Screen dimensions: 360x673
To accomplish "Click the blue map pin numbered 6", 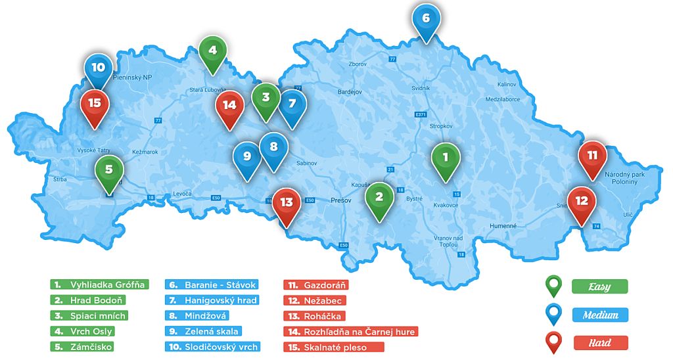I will click(425, 20).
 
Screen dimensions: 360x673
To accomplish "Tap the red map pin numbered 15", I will click(95, 105).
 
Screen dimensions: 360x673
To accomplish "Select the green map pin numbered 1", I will click(446, 158).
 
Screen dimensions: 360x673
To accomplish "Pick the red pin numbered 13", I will click(287, 203).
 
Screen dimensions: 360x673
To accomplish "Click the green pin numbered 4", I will click(212, 51).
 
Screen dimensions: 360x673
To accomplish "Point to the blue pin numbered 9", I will click(247, 158).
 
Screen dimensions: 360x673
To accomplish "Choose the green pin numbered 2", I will click(379, 197).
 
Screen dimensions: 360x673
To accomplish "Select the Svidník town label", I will click(420, 87).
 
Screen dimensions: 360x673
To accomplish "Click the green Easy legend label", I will click(599, 286).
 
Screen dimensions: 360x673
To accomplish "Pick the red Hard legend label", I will click(599, 342).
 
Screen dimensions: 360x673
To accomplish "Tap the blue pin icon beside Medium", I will click(554, 314).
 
